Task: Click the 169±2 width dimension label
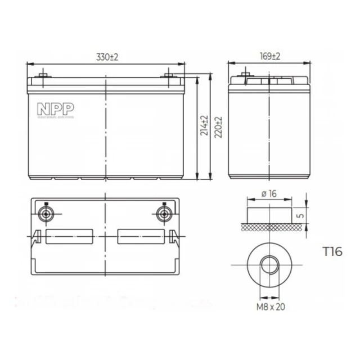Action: point(271,57)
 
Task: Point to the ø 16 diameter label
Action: point(269,193)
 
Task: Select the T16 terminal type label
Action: point(332,251)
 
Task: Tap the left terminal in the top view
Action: point(47,214)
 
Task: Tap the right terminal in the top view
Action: point(165,214)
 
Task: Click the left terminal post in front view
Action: point(43,75)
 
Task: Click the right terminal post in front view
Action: point(168,75)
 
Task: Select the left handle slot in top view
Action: point(70,236)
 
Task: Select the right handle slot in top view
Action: point(141,236)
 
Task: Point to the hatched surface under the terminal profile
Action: point(270,226)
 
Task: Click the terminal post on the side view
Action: point(245,75)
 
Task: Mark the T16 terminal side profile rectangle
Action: point(270,214)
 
